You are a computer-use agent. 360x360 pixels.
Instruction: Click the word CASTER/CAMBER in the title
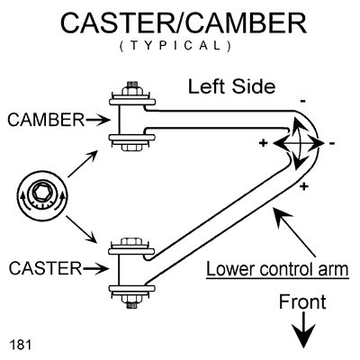tap(184, 23)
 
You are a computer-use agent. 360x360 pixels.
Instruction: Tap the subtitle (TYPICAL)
tap(175, 46)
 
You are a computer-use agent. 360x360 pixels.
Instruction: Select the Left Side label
tap(231, 86)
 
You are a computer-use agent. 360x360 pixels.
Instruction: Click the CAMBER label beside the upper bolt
tap(46, 120)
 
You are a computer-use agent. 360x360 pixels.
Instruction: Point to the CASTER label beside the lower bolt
tap(45, 268)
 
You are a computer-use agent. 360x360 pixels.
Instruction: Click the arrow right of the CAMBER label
tap(98, 121)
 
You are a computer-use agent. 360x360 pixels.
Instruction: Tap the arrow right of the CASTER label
tap(96, 268)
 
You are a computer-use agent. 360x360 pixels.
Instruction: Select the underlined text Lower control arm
tap(277, 269)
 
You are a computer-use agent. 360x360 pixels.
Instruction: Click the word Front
tap(302, 301)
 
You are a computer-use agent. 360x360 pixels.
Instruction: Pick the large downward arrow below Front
tap(304, 330)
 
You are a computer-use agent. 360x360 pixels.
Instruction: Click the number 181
tap(21, 345)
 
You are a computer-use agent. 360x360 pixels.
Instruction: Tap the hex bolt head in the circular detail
tap(40, 192)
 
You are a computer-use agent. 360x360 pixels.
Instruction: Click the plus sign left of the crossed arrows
tap(263, 143)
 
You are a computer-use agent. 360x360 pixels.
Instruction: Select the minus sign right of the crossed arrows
tap(332, 144)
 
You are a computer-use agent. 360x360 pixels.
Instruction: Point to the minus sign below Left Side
tap(303, 102)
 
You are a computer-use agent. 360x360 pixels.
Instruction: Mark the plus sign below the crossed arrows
tap(304, 186)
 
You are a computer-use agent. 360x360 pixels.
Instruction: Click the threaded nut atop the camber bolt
tap(132, 89)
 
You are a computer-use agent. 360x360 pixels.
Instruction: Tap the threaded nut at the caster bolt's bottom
tap(132, 301)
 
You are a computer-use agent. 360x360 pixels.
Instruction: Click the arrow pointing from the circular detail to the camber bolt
tap(83, 164)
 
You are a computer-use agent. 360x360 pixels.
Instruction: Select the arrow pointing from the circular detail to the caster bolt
tap(81, 229)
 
